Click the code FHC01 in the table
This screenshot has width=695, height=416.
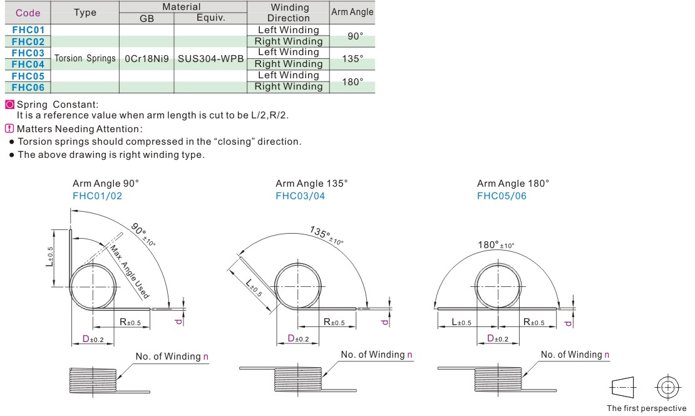28,29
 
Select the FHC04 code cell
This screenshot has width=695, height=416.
28,65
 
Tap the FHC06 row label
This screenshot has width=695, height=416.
28,87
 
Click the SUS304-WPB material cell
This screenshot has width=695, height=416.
210,58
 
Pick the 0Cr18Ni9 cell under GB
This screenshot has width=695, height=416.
147,58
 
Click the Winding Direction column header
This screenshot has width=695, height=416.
289,13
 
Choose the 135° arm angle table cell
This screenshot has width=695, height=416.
353,58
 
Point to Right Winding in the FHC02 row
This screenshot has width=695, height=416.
289,41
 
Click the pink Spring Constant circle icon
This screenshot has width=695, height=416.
9,105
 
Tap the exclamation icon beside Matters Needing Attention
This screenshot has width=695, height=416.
9,128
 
